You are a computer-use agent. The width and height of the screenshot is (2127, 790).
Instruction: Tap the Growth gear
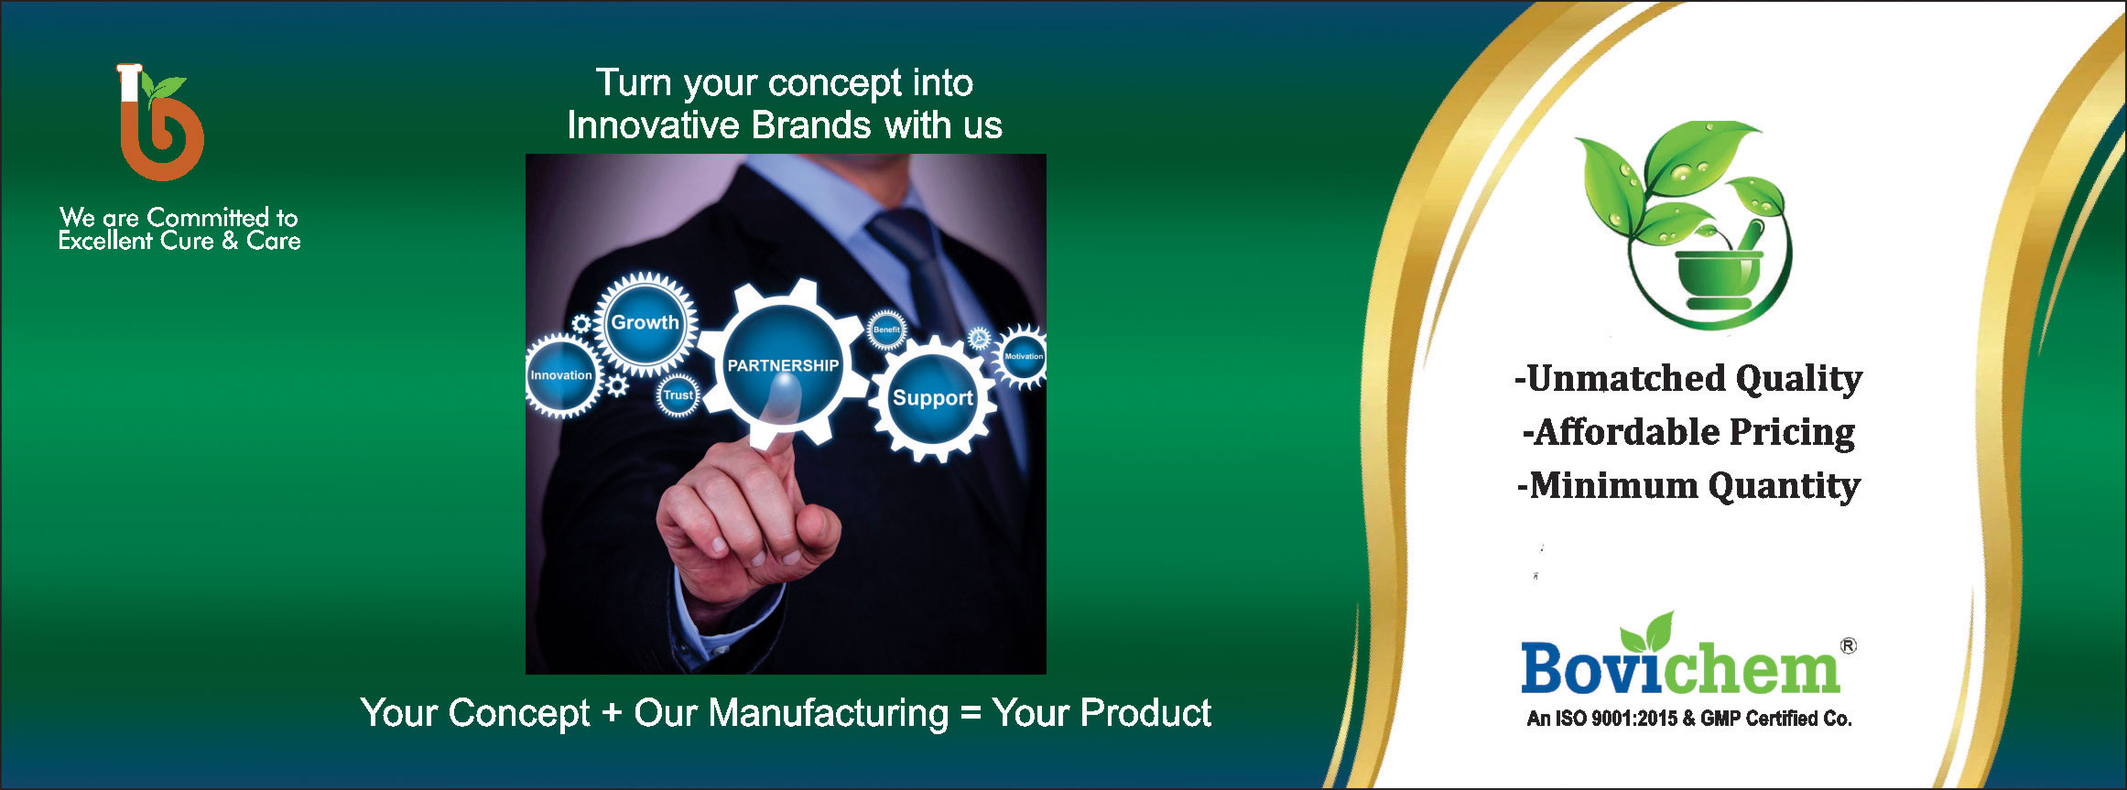(x=646, y=323)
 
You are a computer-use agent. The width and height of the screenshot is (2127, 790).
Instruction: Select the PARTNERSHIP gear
(x=782, y=363)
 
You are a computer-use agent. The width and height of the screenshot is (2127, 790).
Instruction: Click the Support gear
(x=932, y=398)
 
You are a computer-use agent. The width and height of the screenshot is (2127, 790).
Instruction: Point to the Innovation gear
(x=560, y=375)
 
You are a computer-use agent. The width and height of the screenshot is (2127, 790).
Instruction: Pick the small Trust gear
(x=678, y=395)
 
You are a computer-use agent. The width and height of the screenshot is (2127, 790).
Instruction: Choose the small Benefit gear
(x=886, y=330)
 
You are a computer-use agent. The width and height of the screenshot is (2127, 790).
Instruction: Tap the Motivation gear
(x=1022, y=356)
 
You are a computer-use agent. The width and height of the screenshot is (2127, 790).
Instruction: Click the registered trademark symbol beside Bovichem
(x=1849, y=646)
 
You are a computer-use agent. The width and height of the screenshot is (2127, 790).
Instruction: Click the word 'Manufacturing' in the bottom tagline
(x=829, y=713)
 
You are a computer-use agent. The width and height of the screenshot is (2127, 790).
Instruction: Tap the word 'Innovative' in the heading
(x=653, y=125)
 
